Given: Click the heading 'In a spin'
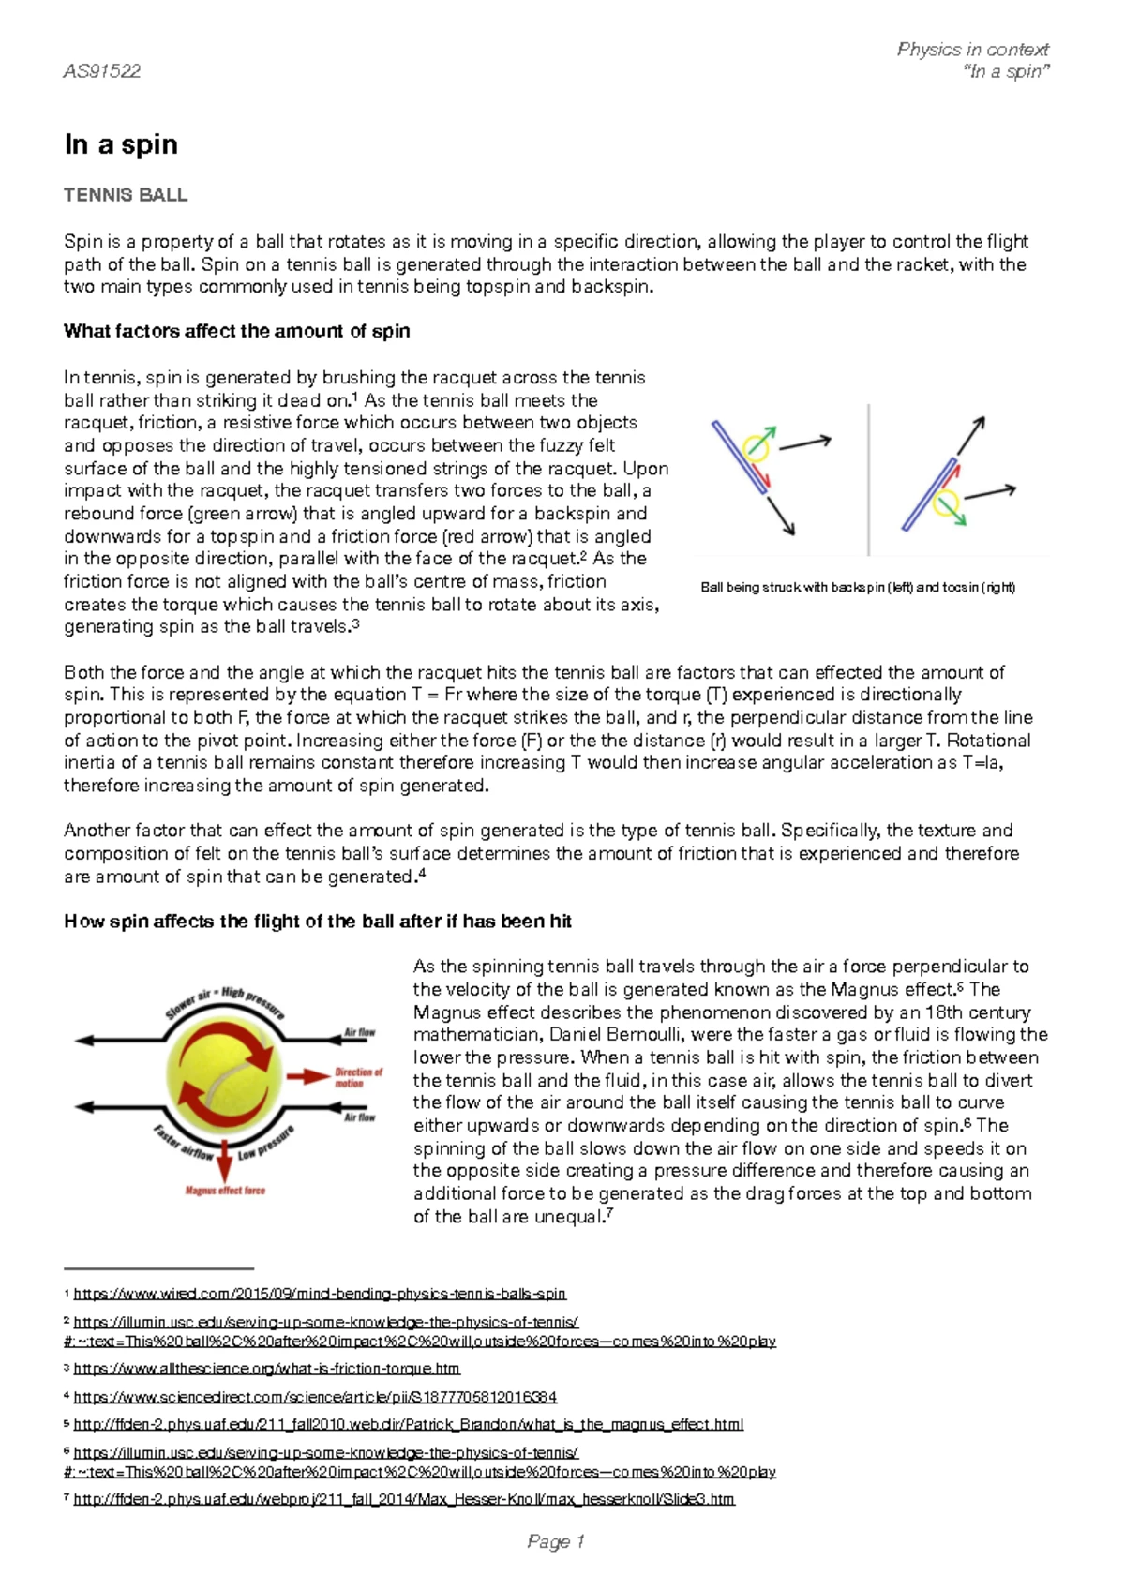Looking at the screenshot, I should [121, 144].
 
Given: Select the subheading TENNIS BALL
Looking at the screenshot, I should [126, 195].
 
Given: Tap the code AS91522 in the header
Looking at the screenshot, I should [101, 71].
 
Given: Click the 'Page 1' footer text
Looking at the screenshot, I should [556, 1541].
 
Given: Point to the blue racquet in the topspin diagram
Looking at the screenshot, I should [928, 494].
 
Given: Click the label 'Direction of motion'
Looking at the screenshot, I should [358, 1077].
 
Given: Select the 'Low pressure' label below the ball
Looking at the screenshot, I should [265, 1144].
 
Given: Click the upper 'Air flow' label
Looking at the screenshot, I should [359, 1032].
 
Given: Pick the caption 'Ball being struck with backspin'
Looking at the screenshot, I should [858, 588].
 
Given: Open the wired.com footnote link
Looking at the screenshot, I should [320, 1294].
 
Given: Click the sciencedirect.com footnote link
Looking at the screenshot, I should [315, 1397].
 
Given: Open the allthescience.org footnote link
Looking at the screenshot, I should [266, 1369].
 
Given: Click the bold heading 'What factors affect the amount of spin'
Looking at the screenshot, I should [236, 331].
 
